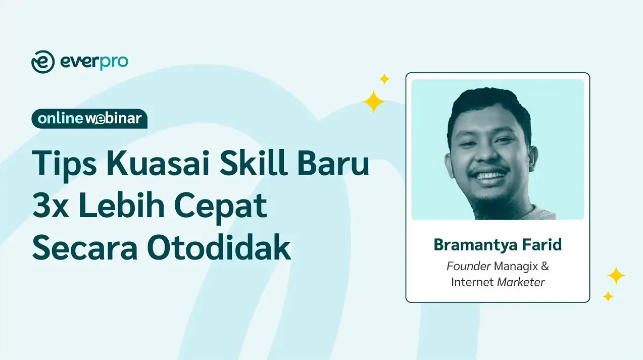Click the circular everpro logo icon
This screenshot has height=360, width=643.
[x=43, y=62]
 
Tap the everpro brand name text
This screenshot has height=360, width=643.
[x=94, y=63]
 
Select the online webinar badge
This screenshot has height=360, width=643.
[x=89, y=119]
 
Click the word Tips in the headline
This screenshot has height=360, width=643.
[x=64, y=163]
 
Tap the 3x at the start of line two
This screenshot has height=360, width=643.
[x=51, y=205]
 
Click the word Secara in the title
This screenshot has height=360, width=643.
[x=85, y=247]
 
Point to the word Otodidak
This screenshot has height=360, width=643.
[x=219, y=247]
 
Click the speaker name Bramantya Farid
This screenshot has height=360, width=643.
[x=498, y=245]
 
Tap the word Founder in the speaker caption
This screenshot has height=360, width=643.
[x=468, y=267]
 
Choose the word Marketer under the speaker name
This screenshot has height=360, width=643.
[x=521, y=282]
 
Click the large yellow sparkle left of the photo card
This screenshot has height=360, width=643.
[x=373, y=101]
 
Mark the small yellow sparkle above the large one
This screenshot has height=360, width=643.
[x=384, y=79]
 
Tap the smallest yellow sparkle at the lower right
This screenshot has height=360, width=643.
[x=608, y=296]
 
